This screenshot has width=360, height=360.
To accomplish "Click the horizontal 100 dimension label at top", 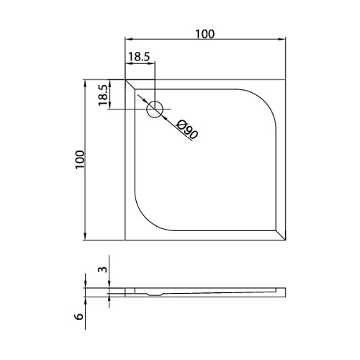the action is tap(205, 34).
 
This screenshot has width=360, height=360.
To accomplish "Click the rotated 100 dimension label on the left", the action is tap(80, 160).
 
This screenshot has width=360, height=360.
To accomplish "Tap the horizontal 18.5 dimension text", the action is tap(139, 57).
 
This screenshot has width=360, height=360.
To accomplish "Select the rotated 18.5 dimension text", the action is tap(102, 95).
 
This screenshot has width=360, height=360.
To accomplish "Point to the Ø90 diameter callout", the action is tap(187, 130).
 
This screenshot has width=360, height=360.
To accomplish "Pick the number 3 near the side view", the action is tap(102, 269).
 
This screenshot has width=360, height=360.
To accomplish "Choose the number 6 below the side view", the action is tap(79, 316).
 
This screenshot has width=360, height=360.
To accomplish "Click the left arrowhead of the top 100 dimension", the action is tap(129, 40).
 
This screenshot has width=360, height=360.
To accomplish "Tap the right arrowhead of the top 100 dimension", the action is tap(282, 40).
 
